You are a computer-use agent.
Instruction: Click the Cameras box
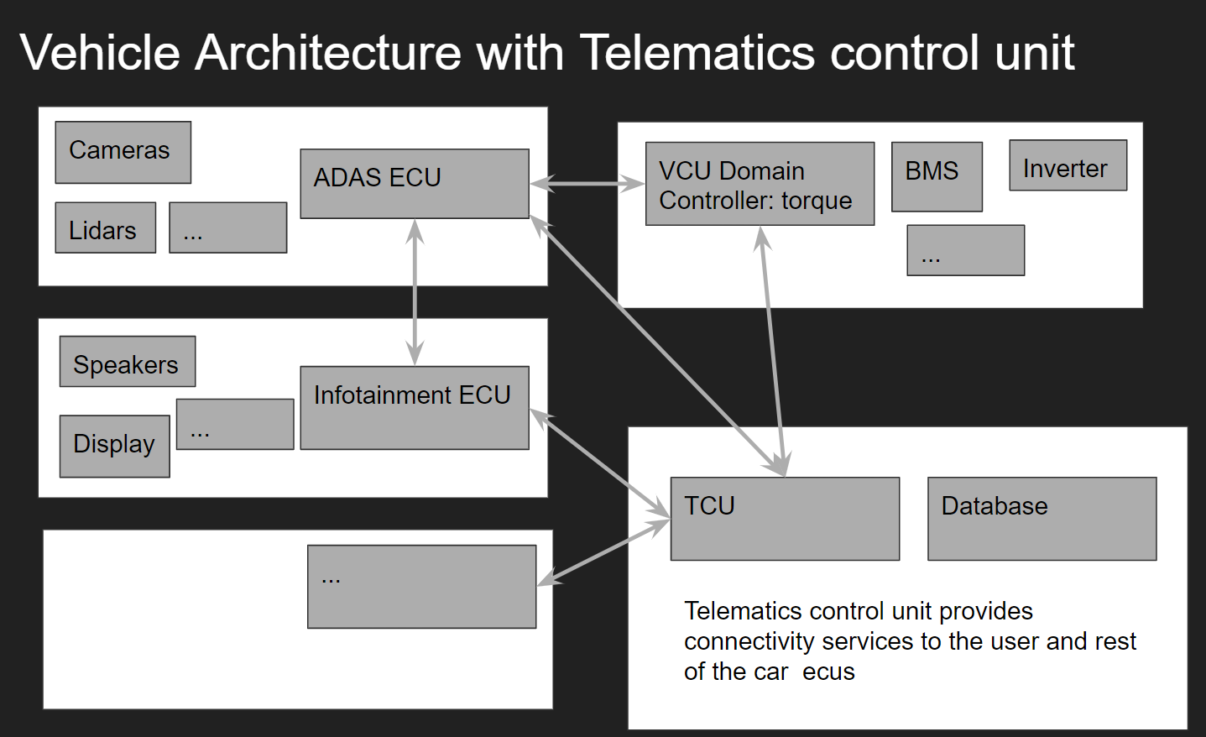pos(123,152)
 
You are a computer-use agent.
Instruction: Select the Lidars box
pos(105,227)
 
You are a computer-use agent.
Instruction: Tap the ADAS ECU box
pos(414,184)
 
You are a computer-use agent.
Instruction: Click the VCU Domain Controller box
pos(759,184)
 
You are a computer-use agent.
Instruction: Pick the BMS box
pos(936,176)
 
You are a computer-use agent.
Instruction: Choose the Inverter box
pos(1067,165)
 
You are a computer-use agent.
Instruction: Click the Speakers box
pos(127,362)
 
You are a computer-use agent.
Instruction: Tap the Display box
pos(114,446)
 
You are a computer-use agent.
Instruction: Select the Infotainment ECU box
pos(414,407)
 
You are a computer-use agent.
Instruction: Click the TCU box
pos(784,519)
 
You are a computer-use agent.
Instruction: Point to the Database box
pos(1041,519)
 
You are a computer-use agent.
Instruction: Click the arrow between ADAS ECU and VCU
pos(587,183)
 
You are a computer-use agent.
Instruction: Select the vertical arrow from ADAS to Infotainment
pos(415,291)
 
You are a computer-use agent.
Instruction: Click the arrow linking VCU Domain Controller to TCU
pos(772,351)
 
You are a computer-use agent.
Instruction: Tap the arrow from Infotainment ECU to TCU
pos(599,462)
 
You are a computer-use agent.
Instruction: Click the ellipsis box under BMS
pos(965,250)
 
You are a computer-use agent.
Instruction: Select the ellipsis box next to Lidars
pos(227,227)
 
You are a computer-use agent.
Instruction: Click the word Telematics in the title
pos(697,52)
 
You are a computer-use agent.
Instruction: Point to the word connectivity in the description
pos(749,641)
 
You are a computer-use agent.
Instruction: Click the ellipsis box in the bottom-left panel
pos(421,587)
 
